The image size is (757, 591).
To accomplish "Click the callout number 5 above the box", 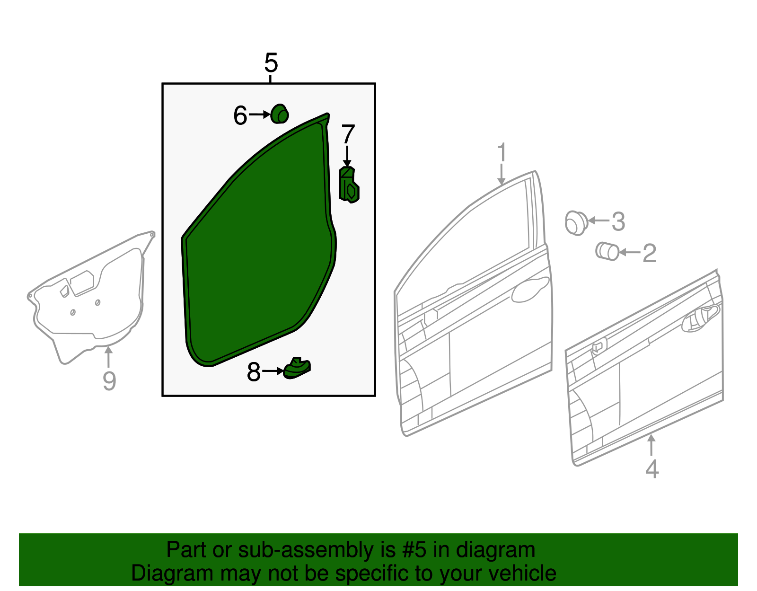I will tap(271, 62).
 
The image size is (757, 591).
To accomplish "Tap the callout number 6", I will tap(240, 115).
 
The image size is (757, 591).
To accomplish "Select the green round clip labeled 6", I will tap(280, 114).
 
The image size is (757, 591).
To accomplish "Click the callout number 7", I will tap(348, 135).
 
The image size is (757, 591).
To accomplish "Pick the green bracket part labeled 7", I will tap(349, 185).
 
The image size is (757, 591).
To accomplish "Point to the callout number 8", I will tap(254, 372).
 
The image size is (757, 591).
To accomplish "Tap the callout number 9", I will tap(109, 381).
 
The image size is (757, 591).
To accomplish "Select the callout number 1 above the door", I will tap(502, 153).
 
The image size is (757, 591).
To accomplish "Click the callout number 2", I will tap(650, 253).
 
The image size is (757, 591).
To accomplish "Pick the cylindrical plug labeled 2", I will tap(607, 251).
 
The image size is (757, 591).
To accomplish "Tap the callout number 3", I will tap(618, 221).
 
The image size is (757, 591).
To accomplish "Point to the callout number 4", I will tap(652, 469).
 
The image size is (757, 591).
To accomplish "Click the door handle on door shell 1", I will tap(529, 290).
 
